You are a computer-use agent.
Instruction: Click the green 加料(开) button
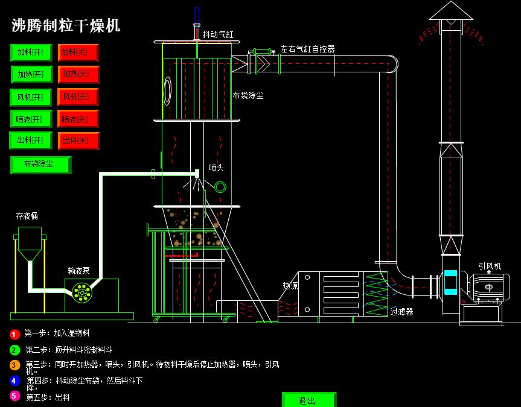(x=31, y=52)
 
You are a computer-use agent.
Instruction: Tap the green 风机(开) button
(x=31, y=97)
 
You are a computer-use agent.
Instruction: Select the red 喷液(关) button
(x=78, y=119)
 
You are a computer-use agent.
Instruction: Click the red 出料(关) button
(x=78, y=140)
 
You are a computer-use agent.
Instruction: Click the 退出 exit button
(x=308, y=400)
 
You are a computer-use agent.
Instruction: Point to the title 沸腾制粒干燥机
(x=66, y=25)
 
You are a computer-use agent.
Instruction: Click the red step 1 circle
(x=15, y=334)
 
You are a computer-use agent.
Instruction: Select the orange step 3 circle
(x=15, y=365)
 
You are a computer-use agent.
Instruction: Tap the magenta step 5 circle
(x=15, y=396)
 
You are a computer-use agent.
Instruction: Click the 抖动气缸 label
(x=217, y=35)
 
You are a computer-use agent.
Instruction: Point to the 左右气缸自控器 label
(x=307, y=49)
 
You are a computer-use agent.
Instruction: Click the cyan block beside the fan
(x=450, y=282)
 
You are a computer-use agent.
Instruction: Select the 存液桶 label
(x=27, y=216)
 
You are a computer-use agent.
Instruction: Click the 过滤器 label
(x=401, y=312)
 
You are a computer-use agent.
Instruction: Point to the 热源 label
(x=290, y=286)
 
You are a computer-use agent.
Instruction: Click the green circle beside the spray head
(x=220, y=187)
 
